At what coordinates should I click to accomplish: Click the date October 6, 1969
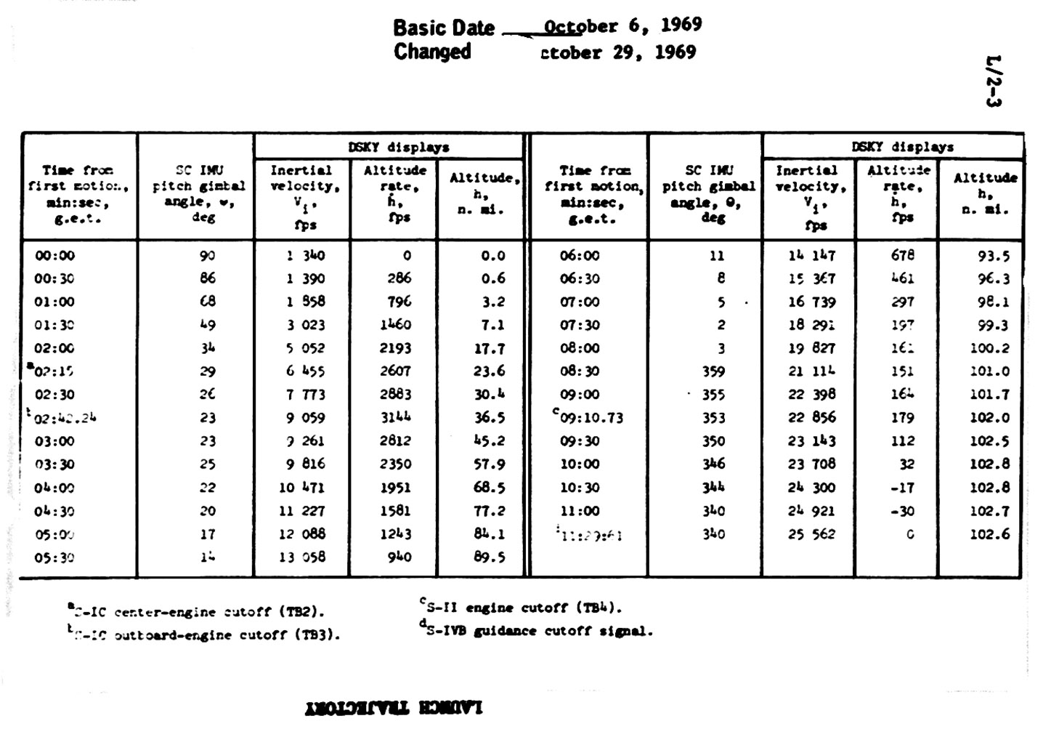point(622,26)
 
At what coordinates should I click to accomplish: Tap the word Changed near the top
point(432,52)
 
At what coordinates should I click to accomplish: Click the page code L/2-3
point(993,81)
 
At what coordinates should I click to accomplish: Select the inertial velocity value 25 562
point(811,534)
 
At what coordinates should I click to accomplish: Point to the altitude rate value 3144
point(395,418)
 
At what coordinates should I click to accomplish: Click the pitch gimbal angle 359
point(713,371)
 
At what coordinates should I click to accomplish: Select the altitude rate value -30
point(902,511)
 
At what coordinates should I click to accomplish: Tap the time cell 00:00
point(54,256)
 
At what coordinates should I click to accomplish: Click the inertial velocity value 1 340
point(305,256)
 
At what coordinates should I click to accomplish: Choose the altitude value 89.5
point(489,557)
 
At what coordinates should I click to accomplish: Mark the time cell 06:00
point(580,256)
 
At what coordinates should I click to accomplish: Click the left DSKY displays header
point(399,147)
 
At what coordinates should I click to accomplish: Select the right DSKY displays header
point(902,147)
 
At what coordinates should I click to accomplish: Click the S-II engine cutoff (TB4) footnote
point(522,608)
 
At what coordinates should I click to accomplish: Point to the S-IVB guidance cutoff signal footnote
point(537,631)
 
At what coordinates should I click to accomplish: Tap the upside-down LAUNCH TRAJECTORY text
point(394,707)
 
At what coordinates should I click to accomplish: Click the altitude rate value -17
point(902,488)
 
